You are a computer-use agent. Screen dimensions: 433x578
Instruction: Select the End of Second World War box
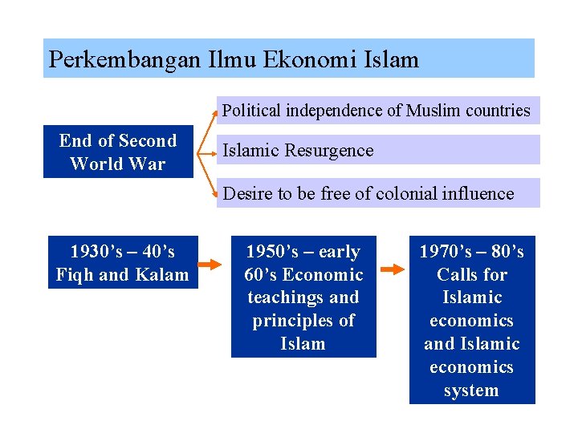118,152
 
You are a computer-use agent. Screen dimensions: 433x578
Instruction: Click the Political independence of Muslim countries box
377,111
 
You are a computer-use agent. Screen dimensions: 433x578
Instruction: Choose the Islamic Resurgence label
298,150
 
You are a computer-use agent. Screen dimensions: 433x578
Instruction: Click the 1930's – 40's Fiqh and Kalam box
123,263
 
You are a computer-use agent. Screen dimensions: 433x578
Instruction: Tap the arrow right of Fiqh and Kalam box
210,263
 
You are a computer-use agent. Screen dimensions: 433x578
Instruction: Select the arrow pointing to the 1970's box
393,269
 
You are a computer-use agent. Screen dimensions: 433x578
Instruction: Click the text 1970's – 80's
472,252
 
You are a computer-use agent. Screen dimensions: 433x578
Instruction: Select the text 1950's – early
303,252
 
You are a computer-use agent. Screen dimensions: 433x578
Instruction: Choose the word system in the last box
471,391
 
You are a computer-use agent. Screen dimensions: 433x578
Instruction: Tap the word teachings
287,297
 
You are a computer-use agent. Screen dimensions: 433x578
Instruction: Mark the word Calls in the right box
454,274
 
